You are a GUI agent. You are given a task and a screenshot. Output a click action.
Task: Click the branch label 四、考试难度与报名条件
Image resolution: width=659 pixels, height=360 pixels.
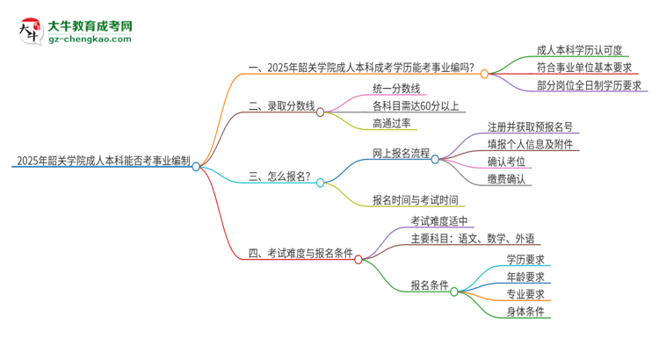[x=301, y=255]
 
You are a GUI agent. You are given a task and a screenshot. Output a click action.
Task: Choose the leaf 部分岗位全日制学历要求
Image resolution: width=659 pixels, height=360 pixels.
[x=589, y=85]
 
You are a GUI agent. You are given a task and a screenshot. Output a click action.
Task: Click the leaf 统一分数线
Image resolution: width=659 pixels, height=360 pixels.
[x=396, y=89]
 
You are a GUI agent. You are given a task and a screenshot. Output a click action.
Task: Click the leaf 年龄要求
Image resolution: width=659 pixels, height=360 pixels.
[x=525, y=277]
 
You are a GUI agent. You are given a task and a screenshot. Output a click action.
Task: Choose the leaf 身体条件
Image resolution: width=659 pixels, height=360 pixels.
[x=525, y=312]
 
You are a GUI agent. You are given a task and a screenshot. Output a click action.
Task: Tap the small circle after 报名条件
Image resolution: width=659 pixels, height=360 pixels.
[x=454, y=292]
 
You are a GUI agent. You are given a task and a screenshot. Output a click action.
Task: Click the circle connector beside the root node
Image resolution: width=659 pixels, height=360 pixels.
[x=197, y=167]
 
